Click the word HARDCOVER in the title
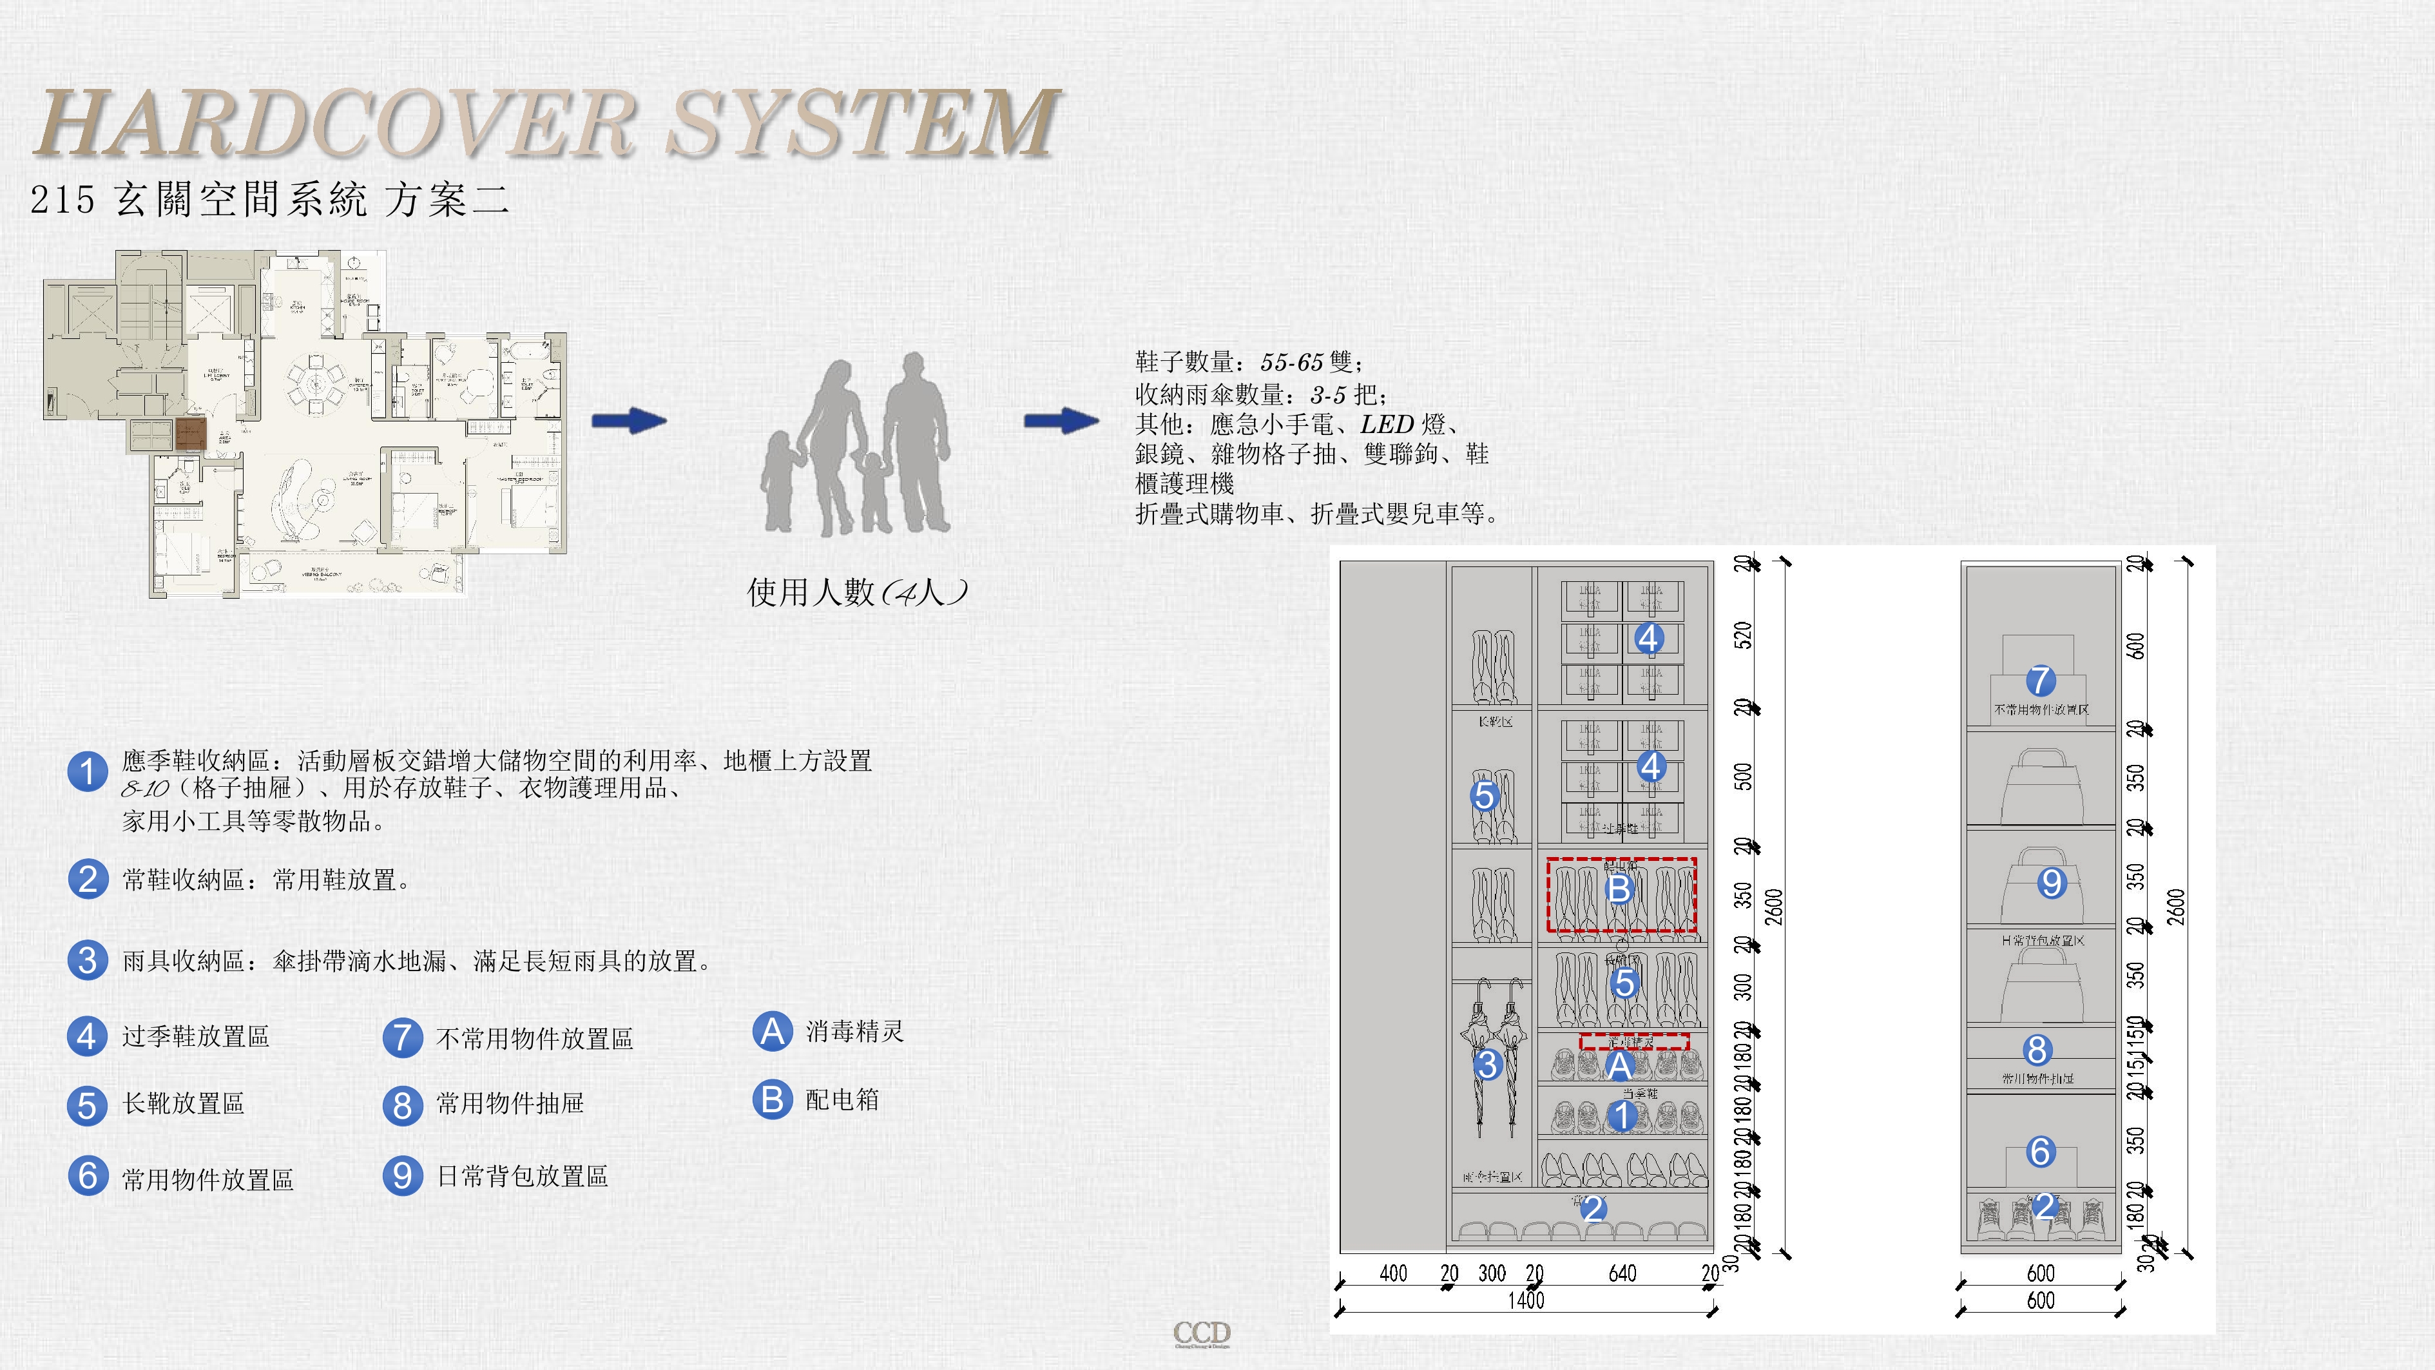[336, 123]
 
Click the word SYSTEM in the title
[862, 123]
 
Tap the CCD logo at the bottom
[1202, 1333]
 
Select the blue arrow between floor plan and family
[629, 421]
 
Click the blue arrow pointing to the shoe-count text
[1061, 421]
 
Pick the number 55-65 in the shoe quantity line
[1291, 362]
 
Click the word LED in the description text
[1387, 425]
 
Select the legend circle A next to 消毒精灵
[773, 1030]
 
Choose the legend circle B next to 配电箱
[773, 1099]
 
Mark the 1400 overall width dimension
[1526, 1300]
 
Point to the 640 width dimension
[1622, 1273]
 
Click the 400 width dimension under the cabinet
[1393, 1273]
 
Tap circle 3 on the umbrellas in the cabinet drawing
[1487, 1065]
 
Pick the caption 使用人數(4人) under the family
[856, 592]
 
